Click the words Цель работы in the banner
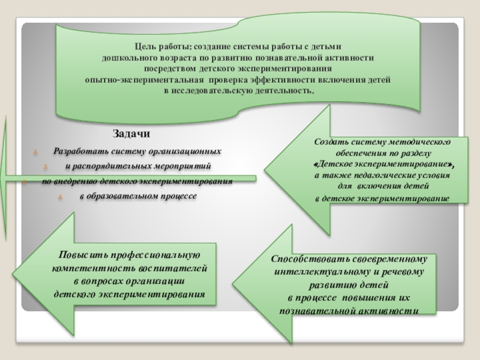coord(157,47)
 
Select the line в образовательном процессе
coord(137,196)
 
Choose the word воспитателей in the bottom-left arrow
coord(174,268)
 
